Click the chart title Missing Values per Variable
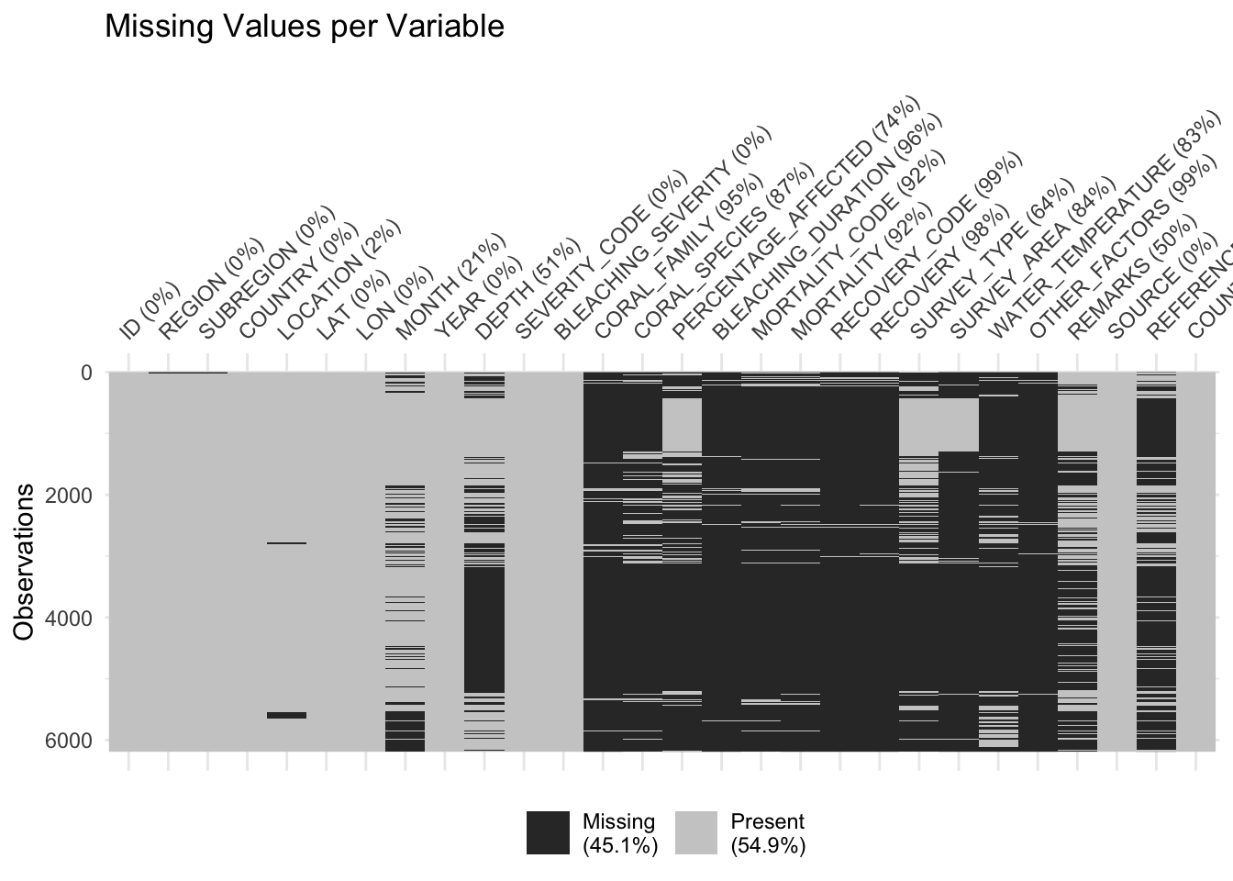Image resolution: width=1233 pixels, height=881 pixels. (305, 26)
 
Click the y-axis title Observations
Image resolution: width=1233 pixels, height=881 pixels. (25, 562)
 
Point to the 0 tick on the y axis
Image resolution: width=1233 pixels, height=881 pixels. (86, 373)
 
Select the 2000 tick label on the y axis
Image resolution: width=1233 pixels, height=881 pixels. (68, 496)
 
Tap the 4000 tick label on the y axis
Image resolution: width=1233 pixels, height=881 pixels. (68, 618)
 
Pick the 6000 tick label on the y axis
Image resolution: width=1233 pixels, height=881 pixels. (68, 741)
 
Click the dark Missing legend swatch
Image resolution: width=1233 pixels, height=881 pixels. (548, 833)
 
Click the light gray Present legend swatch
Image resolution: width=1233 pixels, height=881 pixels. (696, 833)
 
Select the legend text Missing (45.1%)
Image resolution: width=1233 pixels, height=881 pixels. (620, 833)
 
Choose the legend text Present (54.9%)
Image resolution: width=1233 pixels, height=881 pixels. (768, 833)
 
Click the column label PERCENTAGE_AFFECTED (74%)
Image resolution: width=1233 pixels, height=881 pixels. (795, 217)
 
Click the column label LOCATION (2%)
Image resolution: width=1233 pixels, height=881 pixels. (339, 280)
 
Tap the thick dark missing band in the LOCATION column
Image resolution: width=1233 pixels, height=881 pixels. (286, 715)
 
